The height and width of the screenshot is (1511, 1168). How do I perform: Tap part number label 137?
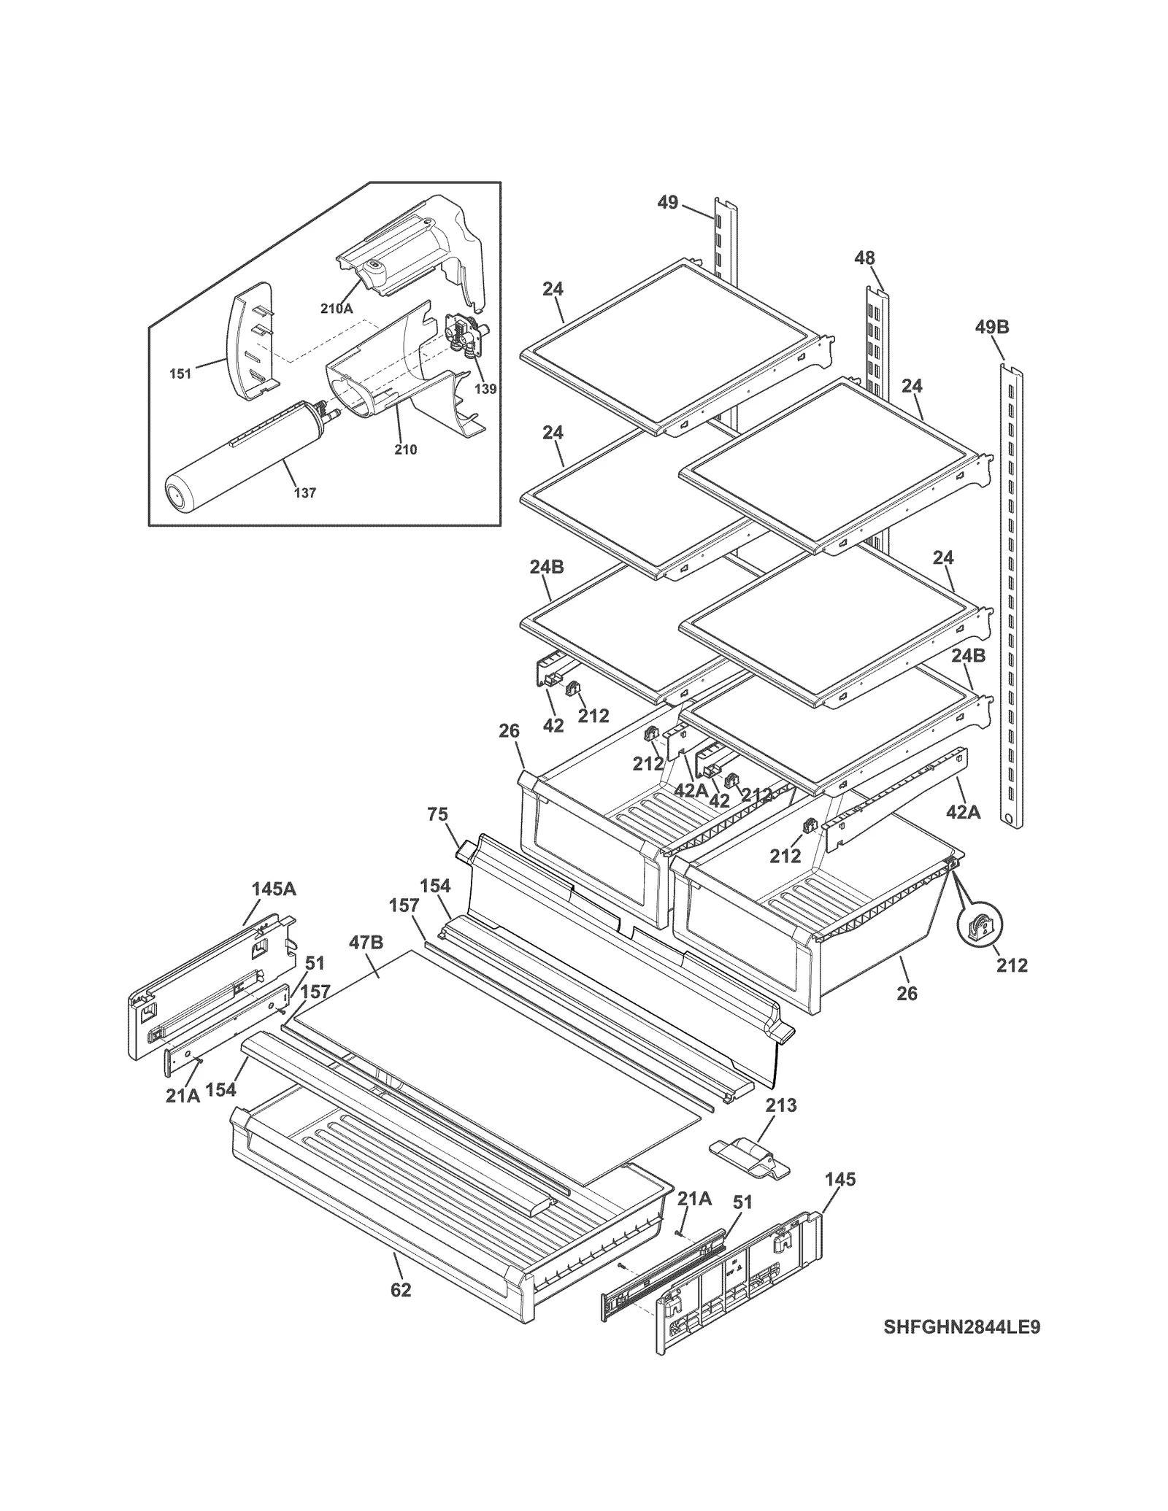[304, 493]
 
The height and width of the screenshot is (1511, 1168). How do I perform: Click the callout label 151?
[180, 374]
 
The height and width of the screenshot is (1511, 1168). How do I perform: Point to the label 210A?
[337, 309]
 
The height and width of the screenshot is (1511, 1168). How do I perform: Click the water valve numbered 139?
[464, 339]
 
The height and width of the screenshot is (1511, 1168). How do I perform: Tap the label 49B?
[991, 328]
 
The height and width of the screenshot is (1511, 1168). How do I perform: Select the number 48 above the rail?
[864, 258]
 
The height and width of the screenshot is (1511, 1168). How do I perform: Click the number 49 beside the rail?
[667, 203]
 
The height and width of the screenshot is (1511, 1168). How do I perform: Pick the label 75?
[437, 815]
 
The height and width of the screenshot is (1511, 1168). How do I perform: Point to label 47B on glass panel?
[366, 943]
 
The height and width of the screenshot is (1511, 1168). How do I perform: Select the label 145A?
[274, 889]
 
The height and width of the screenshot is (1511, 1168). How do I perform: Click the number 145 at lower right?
[840, 1180]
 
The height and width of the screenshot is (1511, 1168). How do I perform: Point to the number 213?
[780, 1105]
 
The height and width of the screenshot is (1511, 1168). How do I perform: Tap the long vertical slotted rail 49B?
[1011, 598]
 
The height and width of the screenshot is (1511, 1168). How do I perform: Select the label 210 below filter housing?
[405, 450]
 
